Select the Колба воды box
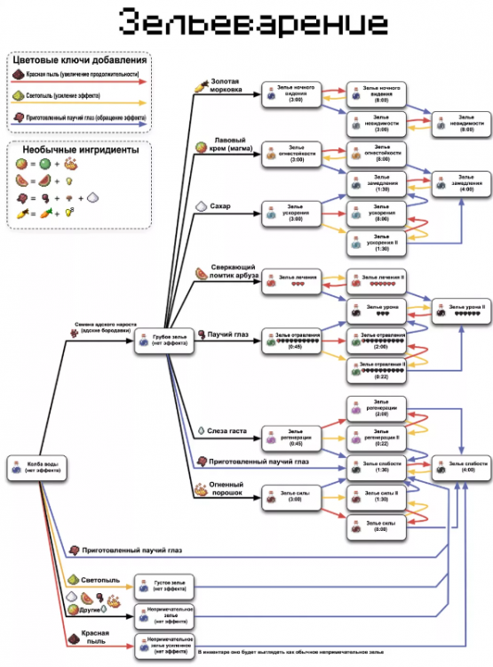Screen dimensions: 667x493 click(x=36, y=470)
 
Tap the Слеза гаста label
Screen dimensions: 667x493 click(x=228, y=431)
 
